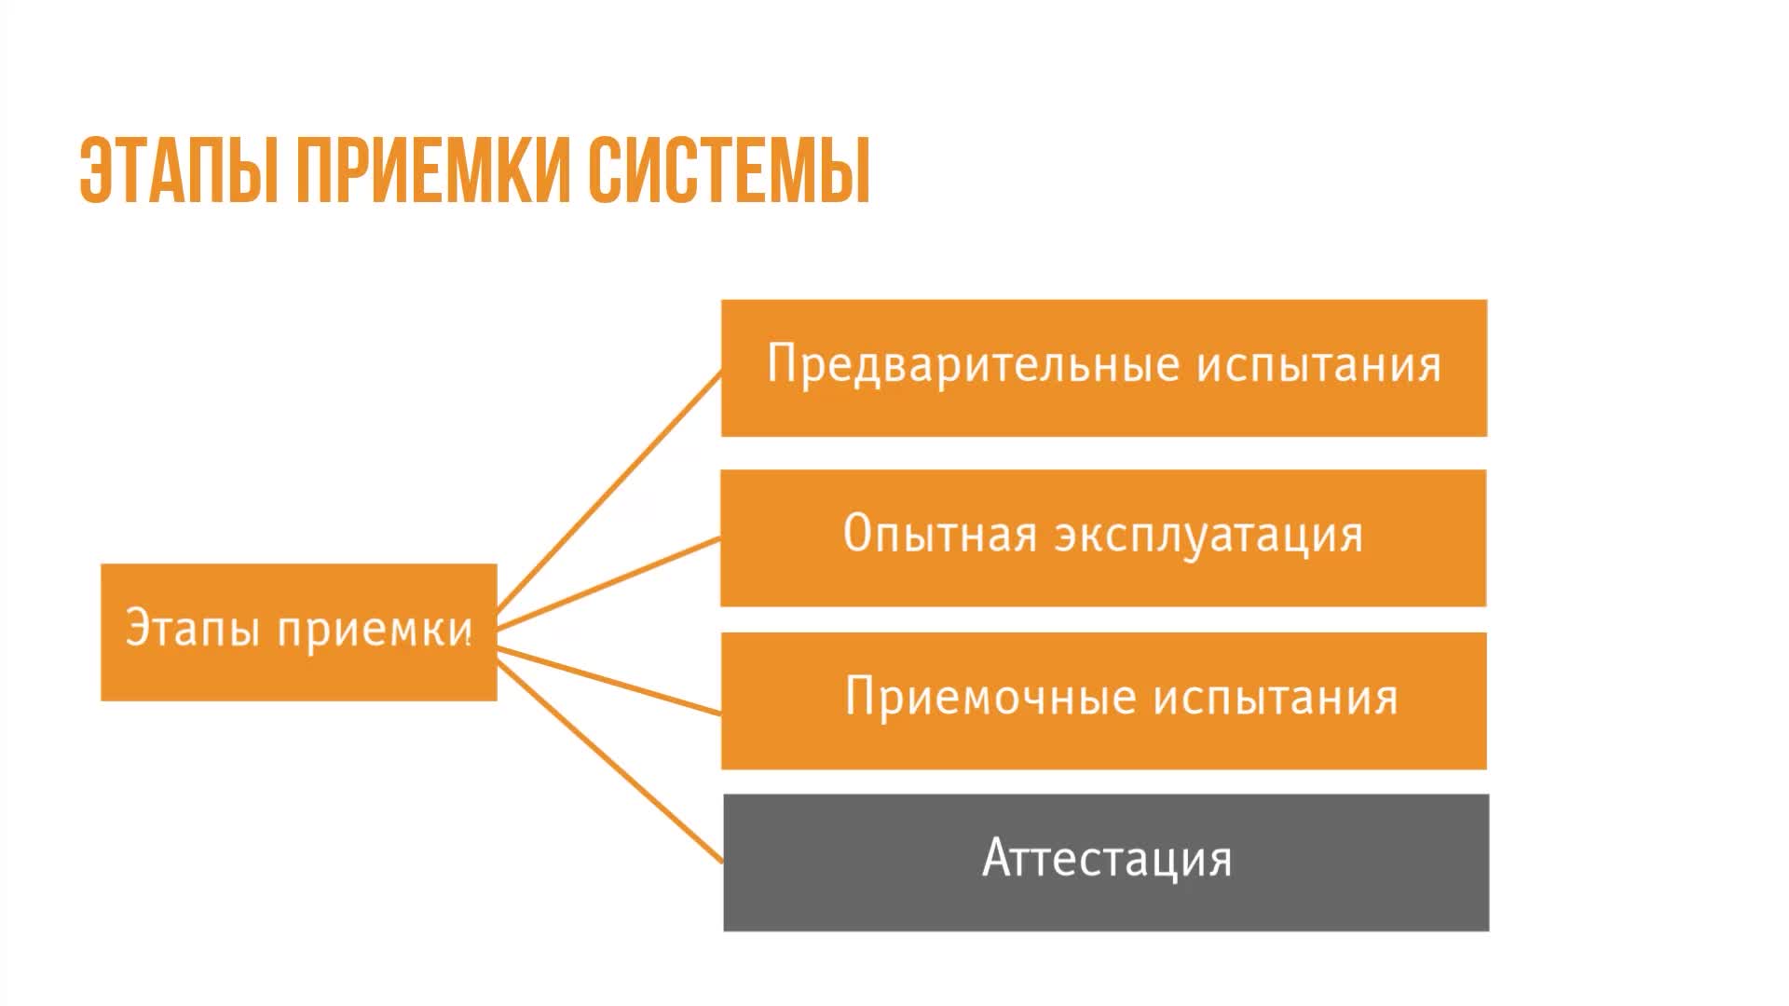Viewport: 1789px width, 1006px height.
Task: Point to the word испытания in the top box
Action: pos(1319,364)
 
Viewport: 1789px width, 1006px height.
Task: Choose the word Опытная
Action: pos(940,534)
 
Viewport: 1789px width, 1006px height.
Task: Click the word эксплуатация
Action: pos(1209,536)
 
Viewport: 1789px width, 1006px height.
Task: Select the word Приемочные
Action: pos(990,696)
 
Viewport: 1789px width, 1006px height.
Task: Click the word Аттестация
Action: pos(1107,858)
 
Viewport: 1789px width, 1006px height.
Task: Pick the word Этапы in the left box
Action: pos(192,629)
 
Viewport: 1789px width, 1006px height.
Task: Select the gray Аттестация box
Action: pos(1106,863)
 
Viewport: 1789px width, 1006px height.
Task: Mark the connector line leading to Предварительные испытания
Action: pos(608,496)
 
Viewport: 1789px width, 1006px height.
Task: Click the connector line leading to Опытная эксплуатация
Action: pos(608,583)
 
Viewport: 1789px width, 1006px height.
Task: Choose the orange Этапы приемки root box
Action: pos(299,632)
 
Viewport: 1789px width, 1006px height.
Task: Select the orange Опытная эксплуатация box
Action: pos(1103,538)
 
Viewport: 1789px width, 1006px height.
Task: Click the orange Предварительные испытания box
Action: pos(1104,368)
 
